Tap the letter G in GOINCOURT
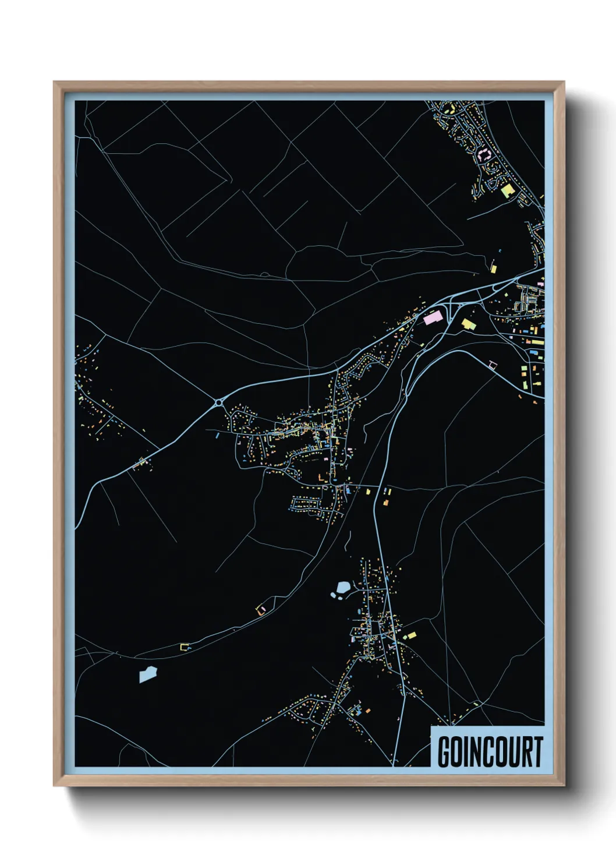[x=444, y=752]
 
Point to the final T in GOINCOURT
[x=537, y=752]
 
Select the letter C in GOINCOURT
[x=486, y=752]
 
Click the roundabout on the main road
[x=219, y=402]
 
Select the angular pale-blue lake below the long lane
[x=148, y=674]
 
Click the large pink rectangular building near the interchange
[x=433, y=318]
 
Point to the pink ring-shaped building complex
[x=484, y=154]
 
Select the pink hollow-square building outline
[x=493, y=365]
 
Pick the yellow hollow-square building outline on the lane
[x=185, y=646]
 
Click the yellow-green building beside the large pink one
[x=468, y=323]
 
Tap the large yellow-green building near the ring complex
[x=507, y=190]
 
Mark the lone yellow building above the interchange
[x=493, y=268]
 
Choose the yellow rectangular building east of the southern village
[x=410, y=635]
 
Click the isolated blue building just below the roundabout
[x=217, y=434]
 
